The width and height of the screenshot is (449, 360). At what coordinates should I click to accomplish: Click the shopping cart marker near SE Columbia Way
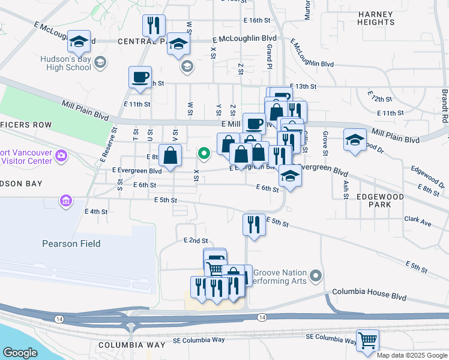click(367, 340)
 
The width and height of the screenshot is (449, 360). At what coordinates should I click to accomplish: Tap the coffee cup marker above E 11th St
click(140, 77)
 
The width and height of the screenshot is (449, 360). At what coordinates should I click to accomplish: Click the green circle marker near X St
click(204, 154)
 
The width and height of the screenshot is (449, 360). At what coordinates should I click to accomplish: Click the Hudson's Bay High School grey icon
click(100, 62)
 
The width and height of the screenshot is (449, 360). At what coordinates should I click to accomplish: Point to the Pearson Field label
click(71, 244)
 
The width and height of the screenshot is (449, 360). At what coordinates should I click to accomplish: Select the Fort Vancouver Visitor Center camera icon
click(61, 156)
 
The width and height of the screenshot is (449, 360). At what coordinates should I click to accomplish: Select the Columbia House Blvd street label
click(369, 298)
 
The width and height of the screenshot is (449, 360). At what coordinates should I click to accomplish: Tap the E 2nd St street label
click(195, 241)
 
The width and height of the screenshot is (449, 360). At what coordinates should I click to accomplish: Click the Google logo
click(20, 352)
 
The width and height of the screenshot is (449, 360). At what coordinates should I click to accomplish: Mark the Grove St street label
click(325, 142)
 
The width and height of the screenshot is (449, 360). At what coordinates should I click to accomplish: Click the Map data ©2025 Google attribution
click(412, 355)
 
